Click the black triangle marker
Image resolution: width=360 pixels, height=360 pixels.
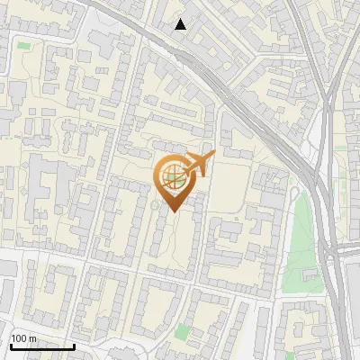[x=181, y=24]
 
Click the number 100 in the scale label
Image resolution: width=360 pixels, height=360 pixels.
[x=19, y=338]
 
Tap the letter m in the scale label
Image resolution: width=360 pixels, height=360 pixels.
[x=32, y=338]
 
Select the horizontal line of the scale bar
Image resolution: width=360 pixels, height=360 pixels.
[x=41, y=346]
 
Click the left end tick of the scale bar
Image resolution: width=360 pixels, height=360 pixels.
[x=10, y=345]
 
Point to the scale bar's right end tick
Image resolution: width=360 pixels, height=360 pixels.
[x=74, y=345]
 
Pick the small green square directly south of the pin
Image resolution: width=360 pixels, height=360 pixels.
[x=184, y=332]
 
